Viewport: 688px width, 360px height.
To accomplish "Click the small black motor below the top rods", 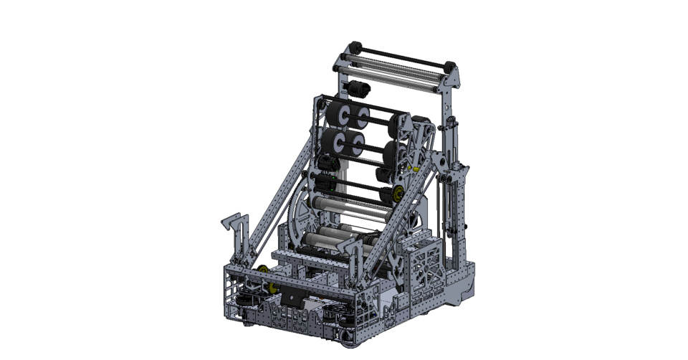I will click(358, 90).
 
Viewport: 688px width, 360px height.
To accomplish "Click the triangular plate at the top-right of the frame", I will click(450, 86).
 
